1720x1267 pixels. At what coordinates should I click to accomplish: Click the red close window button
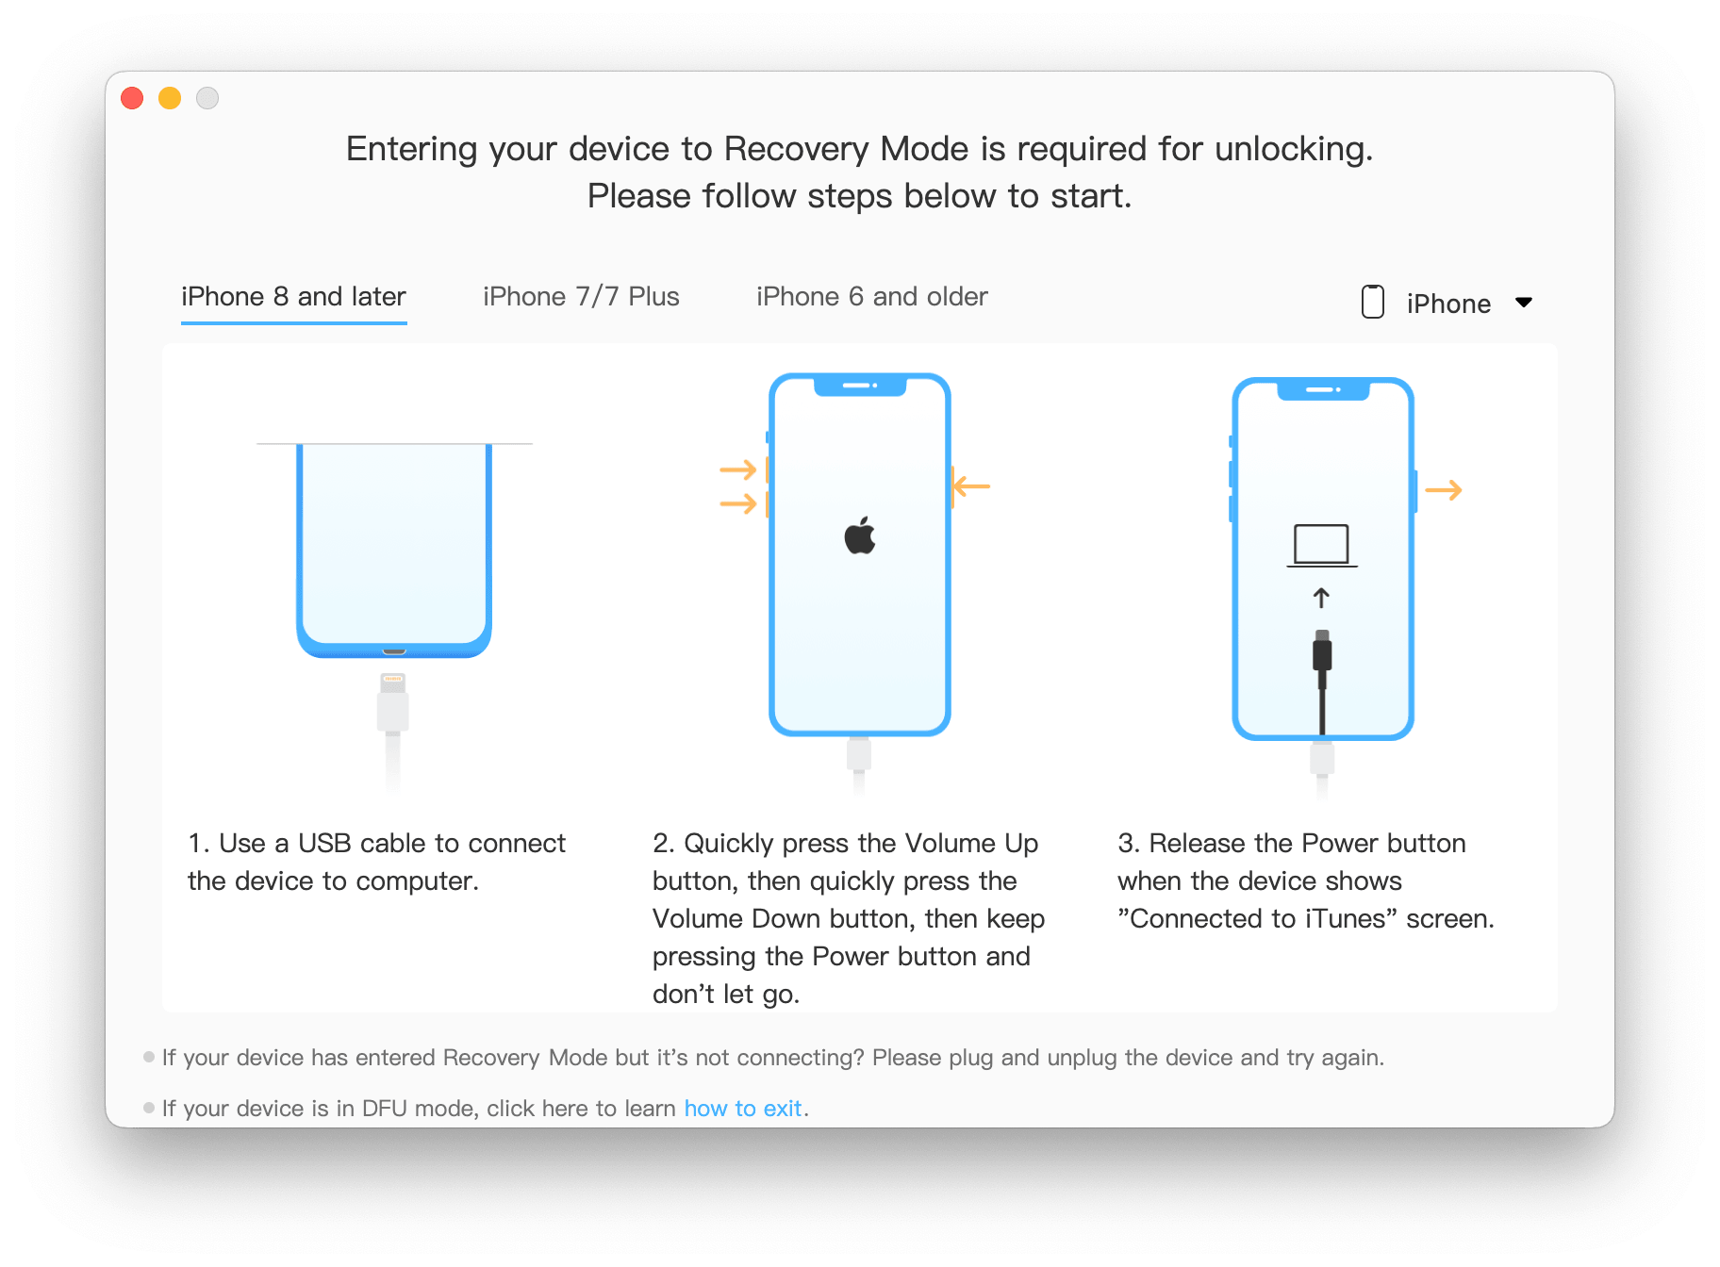tap(132, 98)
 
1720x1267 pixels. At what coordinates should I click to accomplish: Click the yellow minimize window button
tap(170, 98)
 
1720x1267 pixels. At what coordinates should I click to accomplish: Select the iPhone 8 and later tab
tap(293, 297)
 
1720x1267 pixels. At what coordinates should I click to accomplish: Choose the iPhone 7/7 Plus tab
tap(581, 297)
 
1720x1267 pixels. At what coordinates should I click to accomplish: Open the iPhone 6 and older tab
tap(872, 297)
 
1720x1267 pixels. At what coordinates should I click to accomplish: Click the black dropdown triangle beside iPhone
tap(1524, 303)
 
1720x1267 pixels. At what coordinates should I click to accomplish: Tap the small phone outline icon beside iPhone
tap(1373, 302)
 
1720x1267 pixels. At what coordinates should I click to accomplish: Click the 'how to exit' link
tap(743, 1109)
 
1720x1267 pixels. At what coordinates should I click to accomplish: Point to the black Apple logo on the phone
tap(860, 535)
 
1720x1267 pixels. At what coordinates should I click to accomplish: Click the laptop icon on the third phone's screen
tap(1322, 546)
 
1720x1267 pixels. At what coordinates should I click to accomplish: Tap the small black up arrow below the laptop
tap(1322, 598)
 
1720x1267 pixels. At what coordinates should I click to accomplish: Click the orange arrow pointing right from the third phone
tap(1444, 490)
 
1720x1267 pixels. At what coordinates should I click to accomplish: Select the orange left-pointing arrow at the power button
tap(971, 486)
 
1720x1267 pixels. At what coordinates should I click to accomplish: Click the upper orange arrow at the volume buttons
tap(738, 469)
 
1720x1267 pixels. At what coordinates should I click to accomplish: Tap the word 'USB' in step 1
tap(324, 843)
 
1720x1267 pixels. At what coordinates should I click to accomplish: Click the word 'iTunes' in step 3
tap(1346, 918)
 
